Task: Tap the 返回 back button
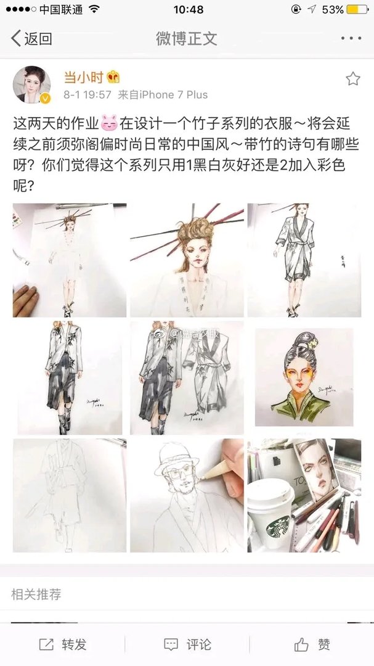click(x=31, y=39)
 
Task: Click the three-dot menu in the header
click(x=351, y=39)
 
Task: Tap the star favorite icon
click(x=352, y=78)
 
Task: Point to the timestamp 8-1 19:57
click(x=87, y=95)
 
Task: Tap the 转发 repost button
click(x=63, y=644)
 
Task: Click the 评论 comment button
click(x=187, y=644)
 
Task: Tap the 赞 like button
click(x=312, y=644)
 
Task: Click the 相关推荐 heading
click(x=36, y=594)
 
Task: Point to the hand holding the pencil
click(x=231, y=459)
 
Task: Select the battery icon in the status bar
click(x=357, y=10)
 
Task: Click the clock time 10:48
click(x=188, y=10)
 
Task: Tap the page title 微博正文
click(x=187, y=39)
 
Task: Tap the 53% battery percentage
click(x=332, y=10)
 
